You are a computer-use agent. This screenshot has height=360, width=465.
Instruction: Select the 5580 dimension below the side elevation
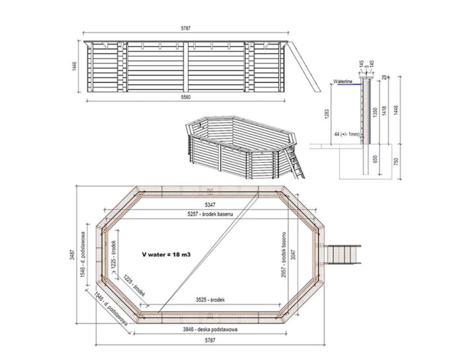tap(186, 97)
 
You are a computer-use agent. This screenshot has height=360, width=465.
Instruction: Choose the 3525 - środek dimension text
tap(210, 300)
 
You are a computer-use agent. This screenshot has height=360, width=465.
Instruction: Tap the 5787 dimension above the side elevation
tap(186, 29)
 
